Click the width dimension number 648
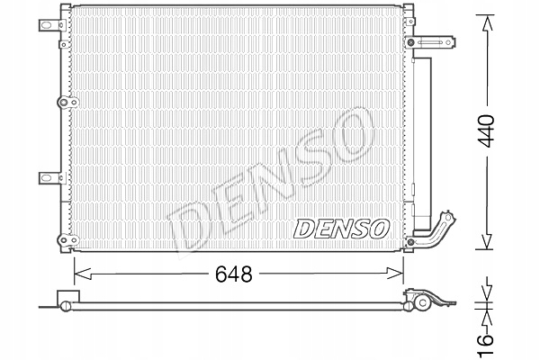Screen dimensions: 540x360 [233, 274]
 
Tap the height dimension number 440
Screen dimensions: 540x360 [487, 130]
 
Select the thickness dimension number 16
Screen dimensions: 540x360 [486, 344]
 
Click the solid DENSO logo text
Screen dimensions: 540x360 [341, 229]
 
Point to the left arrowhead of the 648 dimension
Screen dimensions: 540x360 [83, 274]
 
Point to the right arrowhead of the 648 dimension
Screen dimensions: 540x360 [395, 274]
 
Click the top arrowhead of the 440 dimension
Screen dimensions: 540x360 [487, 25]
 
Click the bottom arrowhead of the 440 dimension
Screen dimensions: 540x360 [486, 239]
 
